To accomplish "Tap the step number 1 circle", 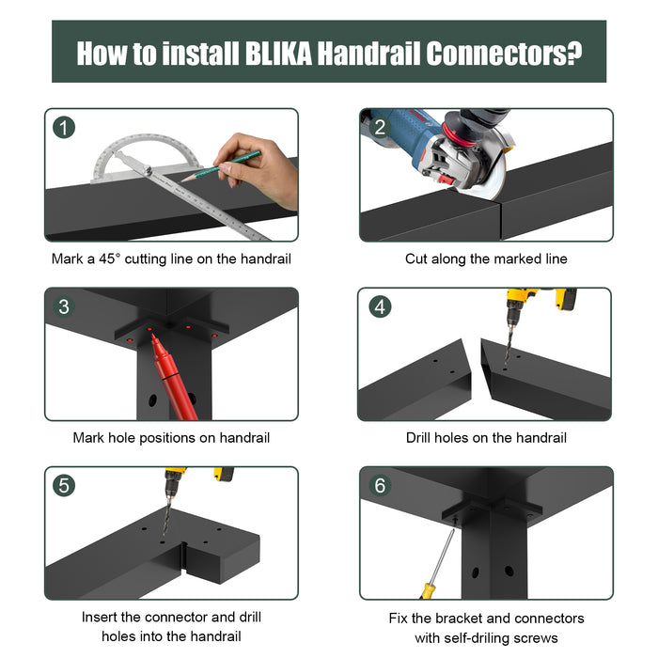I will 64,127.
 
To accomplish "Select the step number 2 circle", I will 379,127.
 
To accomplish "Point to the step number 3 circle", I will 64,306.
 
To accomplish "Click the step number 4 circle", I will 379,306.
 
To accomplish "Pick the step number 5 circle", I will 64,485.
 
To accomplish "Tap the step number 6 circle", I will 379,485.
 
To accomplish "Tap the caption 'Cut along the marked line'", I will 486,258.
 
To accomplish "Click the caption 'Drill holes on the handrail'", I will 486,437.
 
